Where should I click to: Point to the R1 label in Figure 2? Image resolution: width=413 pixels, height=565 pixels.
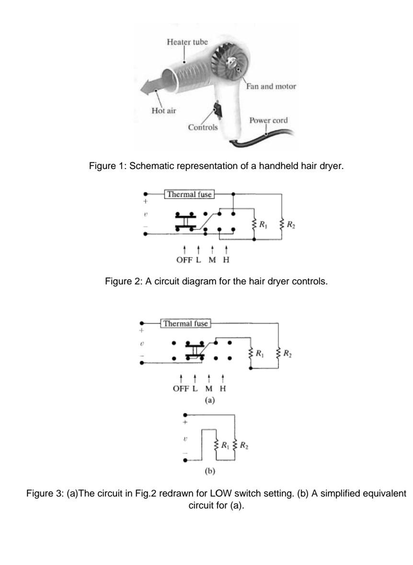click(x=261, y=223)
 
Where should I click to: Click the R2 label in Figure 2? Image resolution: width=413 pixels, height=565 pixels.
click(x=290, y=223)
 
